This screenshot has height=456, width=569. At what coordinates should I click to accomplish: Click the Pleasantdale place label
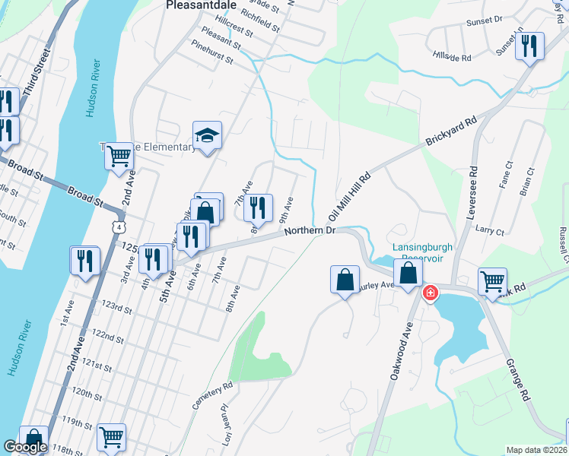[x=197, y=5]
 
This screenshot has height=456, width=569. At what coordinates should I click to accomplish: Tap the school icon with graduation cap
[x=207, y=136]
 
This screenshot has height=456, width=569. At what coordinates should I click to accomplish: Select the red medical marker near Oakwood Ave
[x=430, y=293]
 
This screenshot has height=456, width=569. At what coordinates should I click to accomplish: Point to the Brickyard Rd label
[x=450, y=131]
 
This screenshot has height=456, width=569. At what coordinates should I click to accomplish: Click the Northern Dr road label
[x=310, y=230]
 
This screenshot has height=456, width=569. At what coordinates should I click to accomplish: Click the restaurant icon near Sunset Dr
[x=529, y=46]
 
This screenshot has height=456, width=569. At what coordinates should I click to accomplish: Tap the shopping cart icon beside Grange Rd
[x=492, y=281]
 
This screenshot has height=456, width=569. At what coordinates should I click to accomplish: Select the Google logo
[x=25, y=447]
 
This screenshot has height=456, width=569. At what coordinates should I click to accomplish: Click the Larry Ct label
[x=488, y=230]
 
